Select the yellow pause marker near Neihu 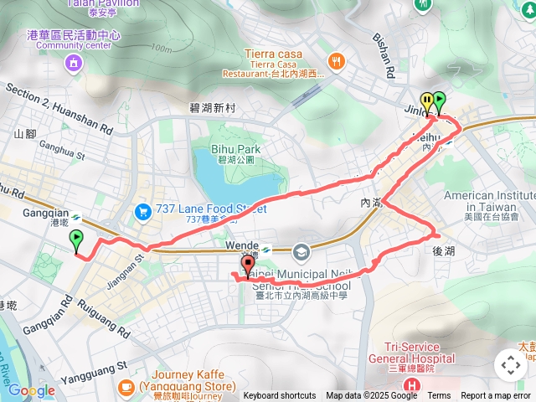[427, 102]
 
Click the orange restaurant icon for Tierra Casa [336, 60]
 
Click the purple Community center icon [74, 62]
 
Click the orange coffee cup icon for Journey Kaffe [126, 387]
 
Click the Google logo [31, 391]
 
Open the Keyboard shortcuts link [280, 396]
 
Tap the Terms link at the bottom [439, 396]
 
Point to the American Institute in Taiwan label [489, 200]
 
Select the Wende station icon [266, 250]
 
